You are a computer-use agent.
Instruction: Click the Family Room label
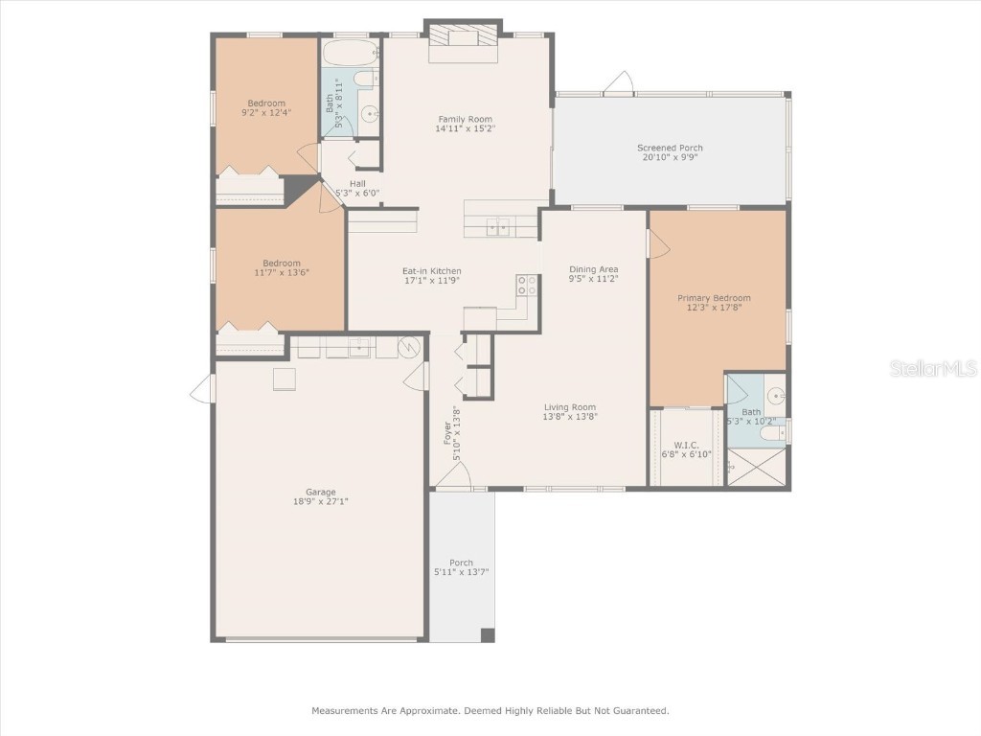click(x=465, y=119)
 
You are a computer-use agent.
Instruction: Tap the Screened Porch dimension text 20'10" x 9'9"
click(x=670, y=157)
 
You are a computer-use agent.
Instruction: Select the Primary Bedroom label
click(x=714, y=298)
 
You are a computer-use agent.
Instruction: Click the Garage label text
click(x=320, y=492)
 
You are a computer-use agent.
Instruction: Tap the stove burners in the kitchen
click(x=527, y=285)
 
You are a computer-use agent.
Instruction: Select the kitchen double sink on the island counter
click(x=498, y=227)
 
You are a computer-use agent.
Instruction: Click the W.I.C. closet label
click(x=685, y=445)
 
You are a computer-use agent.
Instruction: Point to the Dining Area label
click(x=593, y=269)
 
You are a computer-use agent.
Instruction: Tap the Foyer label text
click(x=445, y=433)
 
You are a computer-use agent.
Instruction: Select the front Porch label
click(x=462, y=563)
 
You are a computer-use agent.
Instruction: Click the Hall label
click(x=357, y=183)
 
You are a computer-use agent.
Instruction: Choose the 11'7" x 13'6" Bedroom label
click(x=282, y=263)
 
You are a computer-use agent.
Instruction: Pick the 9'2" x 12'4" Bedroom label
click(x=266, y=103)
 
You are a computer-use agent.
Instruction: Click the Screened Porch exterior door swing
click(x=620, y=83)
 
